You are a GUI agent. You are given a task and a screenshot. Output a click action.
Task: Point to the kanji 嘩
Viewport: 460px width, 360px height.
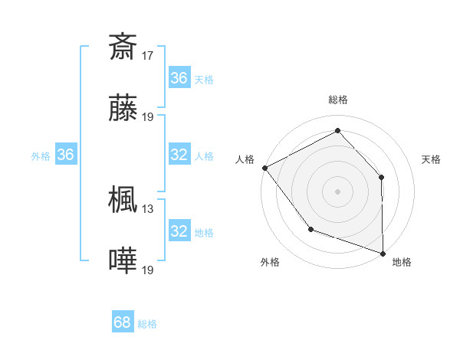[123, 261]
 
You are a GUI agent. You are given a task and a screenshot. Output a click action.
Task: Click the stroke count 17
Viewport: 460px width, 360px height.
[148, 55]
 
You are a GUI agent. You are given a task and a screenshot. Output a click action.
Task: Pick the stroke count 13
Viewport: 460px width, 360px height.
[148, 208]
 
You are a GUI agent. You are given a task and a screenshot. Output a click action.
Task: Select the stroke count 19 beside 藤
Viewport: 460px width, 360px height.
[148, 117]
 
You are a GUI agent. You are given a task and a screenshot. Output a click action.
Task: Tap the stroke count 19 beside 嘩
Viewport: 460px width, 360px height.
[148, 270]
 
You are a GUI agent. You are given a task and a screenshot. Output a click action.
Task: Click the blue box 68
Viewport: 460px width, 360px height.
[123, 322]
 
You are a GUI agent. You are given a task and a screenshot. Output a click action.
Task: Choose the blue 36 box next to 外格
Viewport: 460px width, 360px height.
[65, 155]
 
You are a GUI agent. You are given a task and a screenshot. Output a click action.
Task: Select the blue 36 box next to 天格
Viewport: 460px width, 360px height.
[179, 78]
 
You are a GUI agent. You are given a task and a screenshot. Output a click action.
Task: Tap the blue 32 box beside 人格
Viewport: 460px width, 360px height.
[179, 155]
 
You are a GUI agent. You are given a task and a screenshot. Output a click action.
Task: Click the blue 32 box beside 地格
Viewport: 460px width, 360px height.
[179, 231]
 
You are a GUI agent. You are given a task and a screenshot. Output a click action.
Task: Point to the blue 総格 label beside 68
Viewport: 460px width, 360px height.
[147, 324]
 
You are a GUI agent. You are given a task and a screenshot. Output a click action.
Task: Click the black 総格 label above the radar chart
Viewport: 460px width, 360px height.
[338, 100]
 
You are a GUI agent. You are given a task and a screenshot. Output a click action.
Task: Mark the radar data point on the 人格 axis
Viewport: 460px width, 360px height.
[264, 167]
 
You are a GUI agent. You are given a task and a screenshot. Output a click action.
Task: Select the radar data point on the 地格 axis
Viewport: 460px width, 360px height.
[383, 253]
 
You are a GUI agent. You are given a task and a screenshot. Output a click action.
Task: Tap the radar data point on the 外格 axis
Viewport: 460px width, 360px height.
[310, 229]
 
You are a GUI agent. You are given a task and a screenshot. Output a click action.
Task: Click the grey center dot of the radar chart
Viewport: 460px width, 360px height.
[338, 191]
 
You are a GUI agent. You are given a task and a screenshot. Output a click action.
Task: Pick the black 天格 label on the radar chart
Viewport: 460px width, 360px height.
[431, 159]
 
